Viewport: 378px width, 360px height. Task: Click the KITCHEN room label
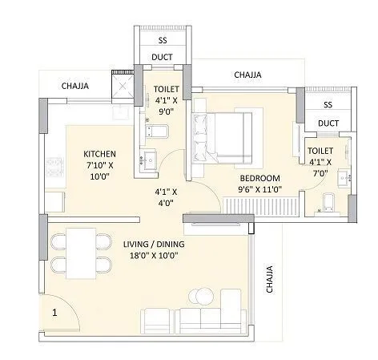click(102, 153)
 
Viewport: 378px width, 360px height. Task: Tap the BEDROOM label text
click(259, 177)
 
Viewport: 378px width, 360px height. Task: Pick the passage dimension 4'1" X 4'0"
click(166, 198)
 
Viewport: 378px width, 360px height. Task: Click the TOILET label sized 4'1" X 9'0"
click(166, 91)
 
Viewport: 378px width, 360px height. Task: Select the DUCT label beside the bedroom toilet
click(327, 123)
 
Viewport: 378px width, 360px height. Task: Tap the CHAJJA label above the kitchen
click(77, 84)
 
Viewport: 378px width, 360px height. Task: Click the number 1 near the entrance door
click(54, 313)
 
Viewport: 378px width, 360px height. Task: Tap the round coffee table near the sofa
click(198, 295)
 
